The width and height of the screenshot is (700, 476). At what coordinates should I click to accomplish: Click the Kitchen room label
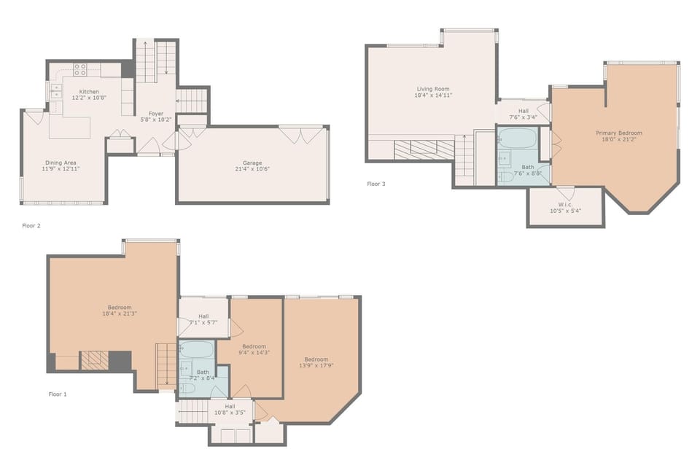point(89,91)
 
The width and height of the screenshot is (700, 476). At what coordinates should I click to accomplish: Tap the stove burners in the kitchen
point(80,69)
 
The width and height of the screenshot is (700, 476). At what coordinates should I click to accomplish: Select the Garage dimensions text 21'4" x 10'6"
point(252,169)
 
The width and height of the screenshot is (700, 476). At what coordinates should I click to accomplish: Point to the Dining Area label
point(61,163)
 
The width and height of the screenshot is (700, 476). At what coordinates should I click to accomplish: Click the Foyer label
point(156,114)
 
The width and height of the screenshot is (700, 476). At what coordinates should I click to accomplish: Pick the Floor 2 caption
point(31,226)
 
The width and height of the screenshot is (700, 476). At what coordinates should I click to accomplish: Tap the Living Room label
point(433,89)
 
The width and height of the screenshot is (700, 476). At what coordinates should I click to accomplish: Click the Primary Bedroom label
point(619,133)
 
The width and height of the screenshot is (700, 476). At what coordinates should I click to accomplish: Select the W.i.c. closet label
point(565,205)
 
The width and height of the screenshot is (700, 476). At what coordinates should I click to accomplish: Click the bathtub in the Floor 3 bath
point(518,138)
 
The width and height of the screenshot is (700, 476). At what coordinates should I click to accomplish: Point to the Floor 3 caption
point(376,184)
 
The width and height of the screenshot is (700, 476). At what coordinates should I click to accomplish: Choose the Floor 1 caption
point(58,394)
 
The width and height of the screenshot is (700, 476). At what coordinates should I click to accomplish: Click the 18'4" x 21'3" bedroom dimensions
point(120,313)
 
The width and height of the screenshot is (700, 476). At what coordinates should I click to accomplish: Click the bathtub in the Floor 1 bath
point(196,350)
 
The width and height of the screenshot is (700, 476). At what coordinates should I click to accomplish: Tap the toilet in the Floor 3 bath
point(507,176)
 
